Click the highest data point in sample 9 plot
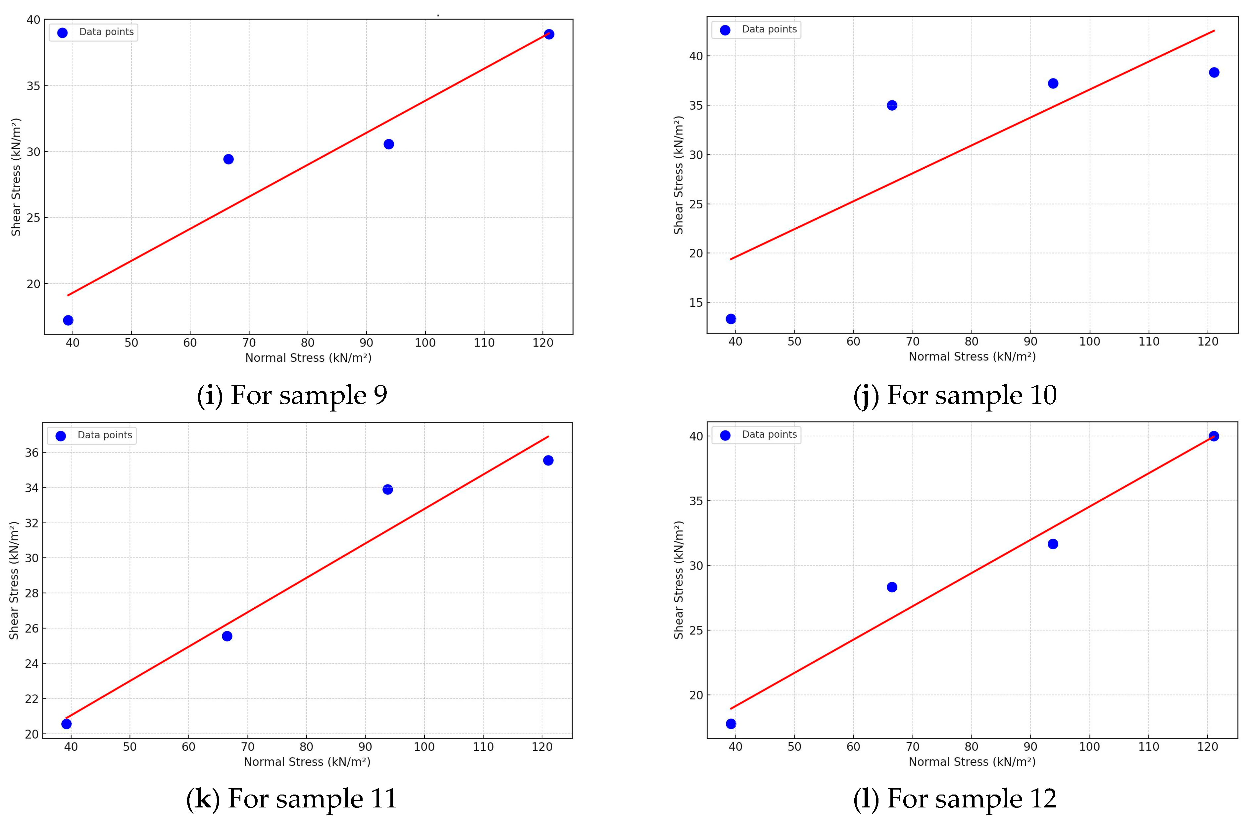pyautogui.click(x=549, y=34)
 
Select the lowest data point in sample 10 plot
pyautogui.click(x=731, y=319)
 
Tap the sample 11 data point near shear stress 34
pyautogui.click(x=387, y=489)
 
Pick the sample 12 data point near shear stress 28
pyautogui.click(x=892, y=587)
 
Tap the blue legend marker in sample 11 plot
pyautogui.click(x=61, y=436)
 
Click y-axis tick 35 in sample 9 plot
pyautogui.click(x=33, y=86)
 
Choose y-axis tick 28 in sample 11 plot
pyautogui.click(x=31, y=593)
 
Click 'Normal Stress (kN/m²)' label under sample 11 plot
pyautogui.click(x=307, y=762)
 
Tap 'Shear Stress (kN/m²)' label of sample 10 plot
pyautogui.click(x=678, y=175)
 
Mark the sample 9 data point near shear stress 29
pyautogui.click(x=228, y=159)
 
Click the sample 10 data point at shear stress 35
pyautogui.click(x=892, y=105)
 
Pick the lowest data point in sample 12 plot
pyautogui.click(x=731, y=724)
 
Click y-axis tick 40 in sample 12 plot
pyautogui.click(x=696, y=436)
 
